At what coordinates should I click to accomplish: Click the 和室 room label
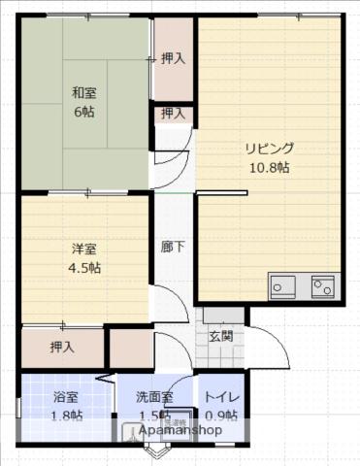[x=83, y=94]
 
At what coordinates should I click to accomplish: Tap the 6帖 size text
[x=83, y=113]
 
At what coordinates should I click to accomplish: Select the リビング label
[x=269, y=150]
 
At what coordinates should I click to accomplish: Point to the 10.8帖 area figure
[x=269, y=168]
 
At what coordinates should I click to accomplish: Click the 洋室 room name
[x=83, y=249]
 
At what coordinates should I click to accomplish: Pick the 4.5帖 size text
[x=83, y=267]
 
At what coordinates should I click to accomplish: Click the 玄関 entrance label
[x=220, y=337]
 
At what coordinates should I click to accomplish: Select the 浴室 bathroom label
[x=66, y=397]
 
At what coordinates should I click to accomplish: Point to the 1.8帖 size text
[x=66, y=416]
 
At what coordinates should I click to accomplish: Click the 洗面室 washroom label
[x=154, y=397]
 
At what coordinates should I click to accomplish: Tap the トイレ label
[x=221, y=397]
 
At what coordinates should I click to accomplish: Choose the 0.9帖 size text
[x=221, y=416]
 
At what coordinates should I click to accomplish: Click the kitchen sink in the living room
[x=284, y=285]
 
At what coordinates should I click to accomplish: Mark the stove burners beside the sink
[x=321, y=285]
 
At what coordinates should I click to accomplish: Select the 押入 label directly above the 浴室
[x=64, y=345]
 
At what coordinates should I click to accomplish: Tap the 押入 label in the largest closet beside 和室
[x=174, y=57]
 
